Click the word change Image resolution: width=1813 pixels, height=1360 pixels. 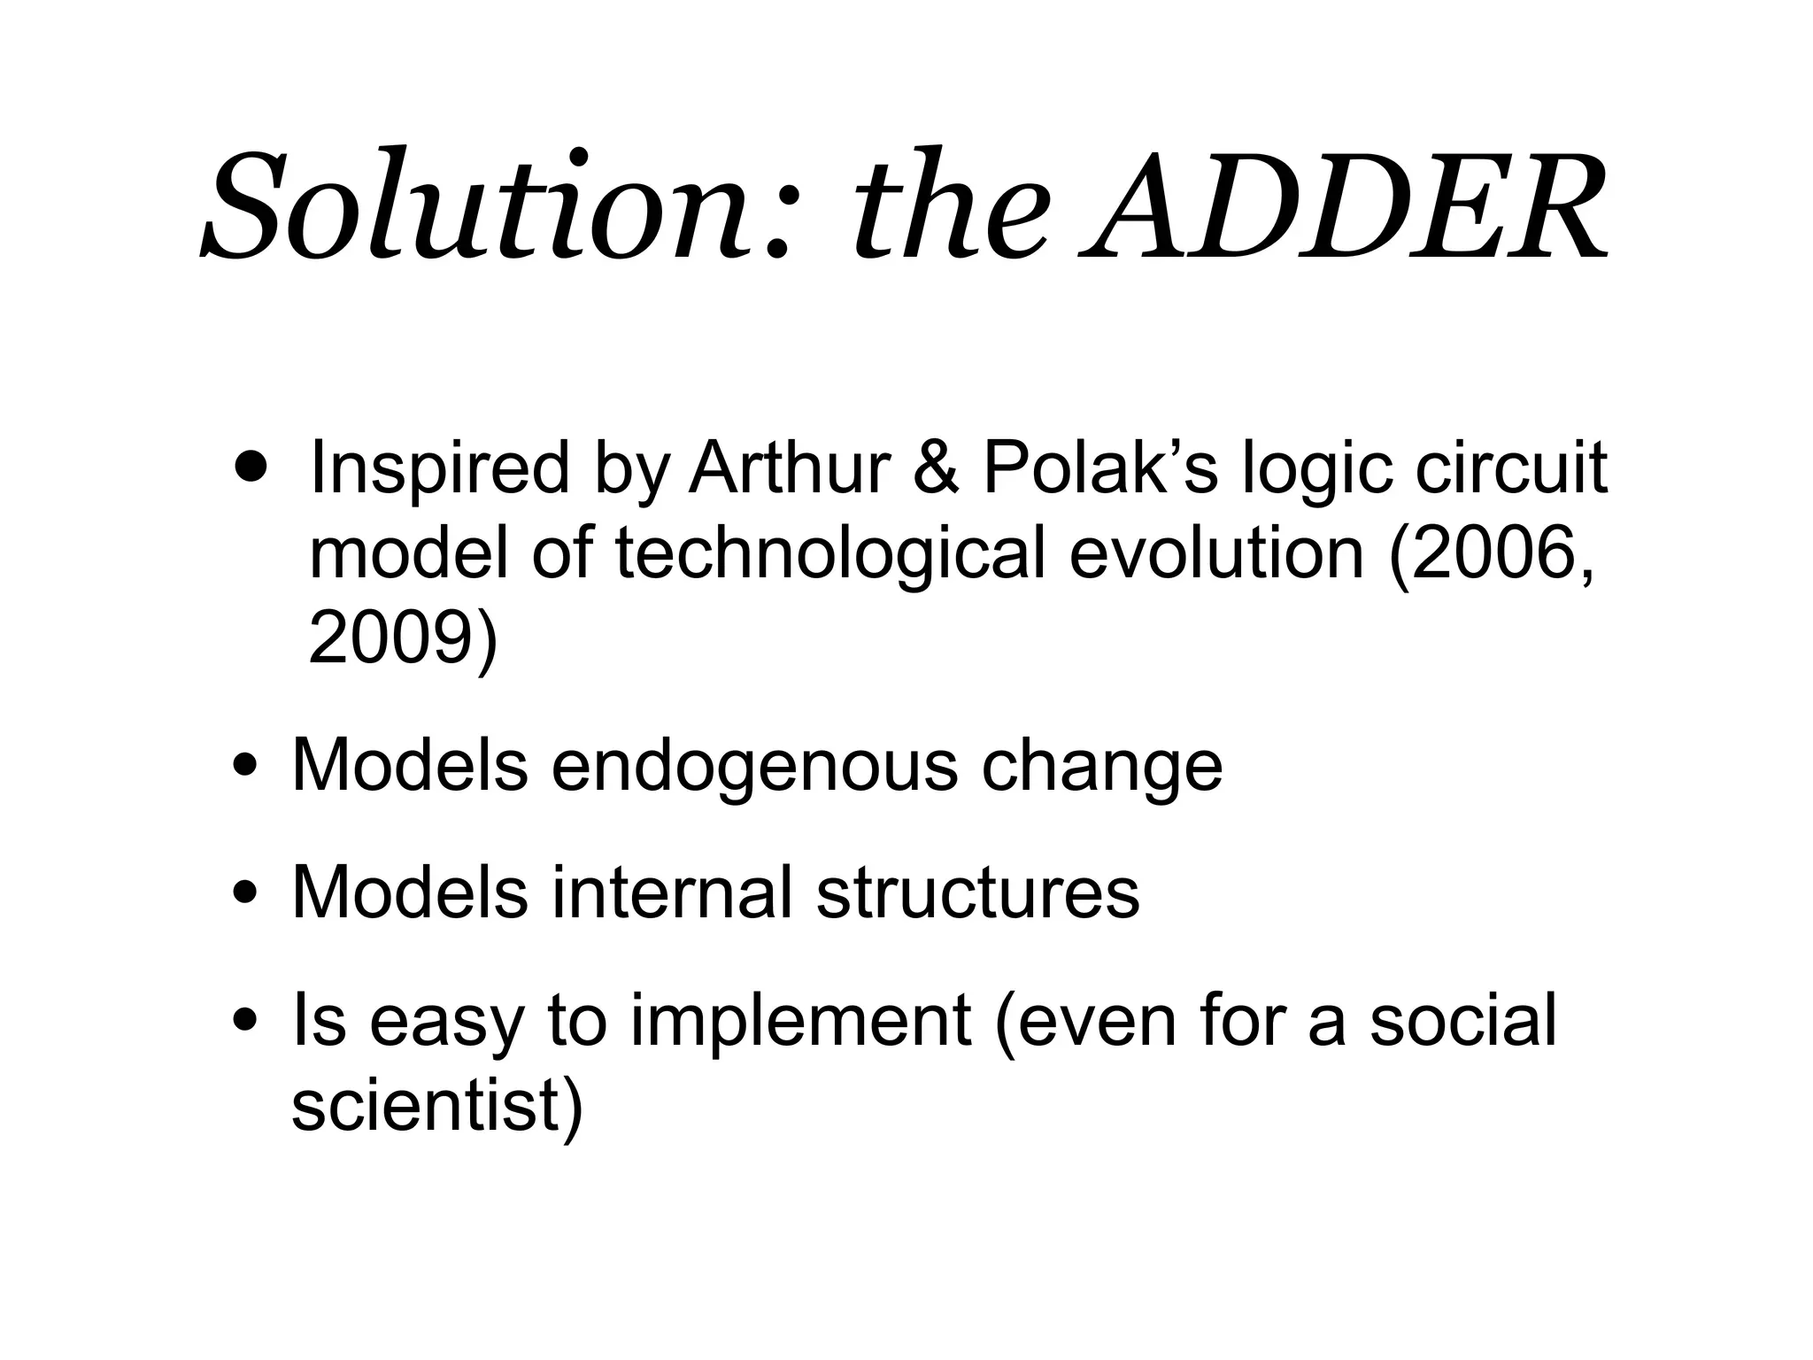point(1101,767)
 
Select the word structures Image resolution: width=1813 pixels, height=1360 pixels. point(977,892)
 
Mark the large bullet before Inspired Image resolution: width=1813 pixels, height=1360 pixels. point(251,465)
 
